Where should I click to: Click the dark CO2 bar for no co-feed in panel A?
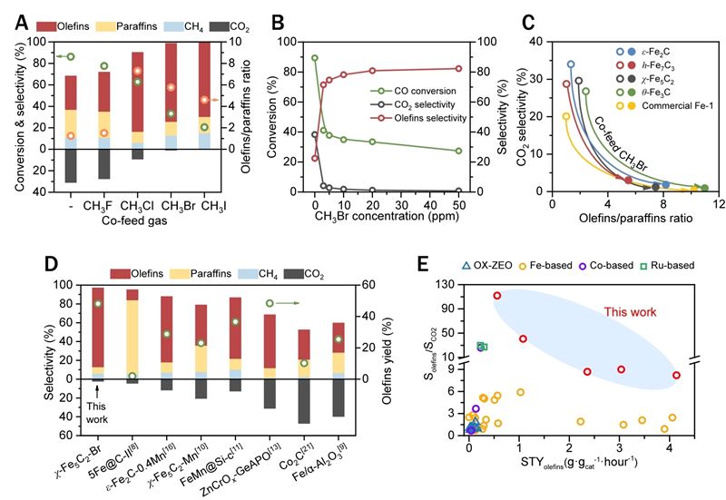(x=71, y=166)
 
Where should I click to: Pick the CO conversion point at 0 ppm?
(x=314, y=58)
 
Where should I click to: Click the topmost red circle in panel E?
(x=496, y=296)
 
